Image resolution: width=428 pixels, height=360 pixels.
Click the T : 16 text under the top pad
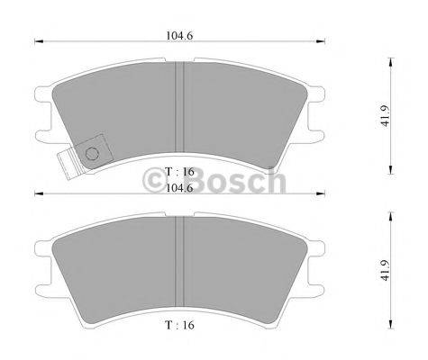click(179, 170)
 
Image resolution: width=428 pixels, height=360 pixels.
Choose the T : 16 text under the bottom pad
click(179, 321)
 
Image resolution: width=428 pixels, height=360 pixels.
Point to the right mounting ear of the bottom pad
click(314, 263)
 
